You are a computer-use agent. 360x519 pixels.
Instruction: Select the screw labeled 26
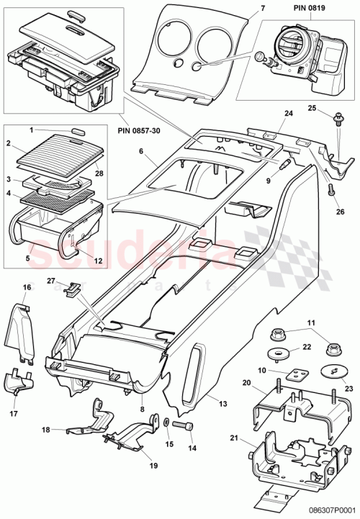332,190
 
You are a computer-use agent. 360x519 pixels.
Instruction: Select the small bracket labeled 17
19,384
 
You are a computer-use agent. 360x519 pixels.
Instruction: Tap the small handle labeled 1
78,130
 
